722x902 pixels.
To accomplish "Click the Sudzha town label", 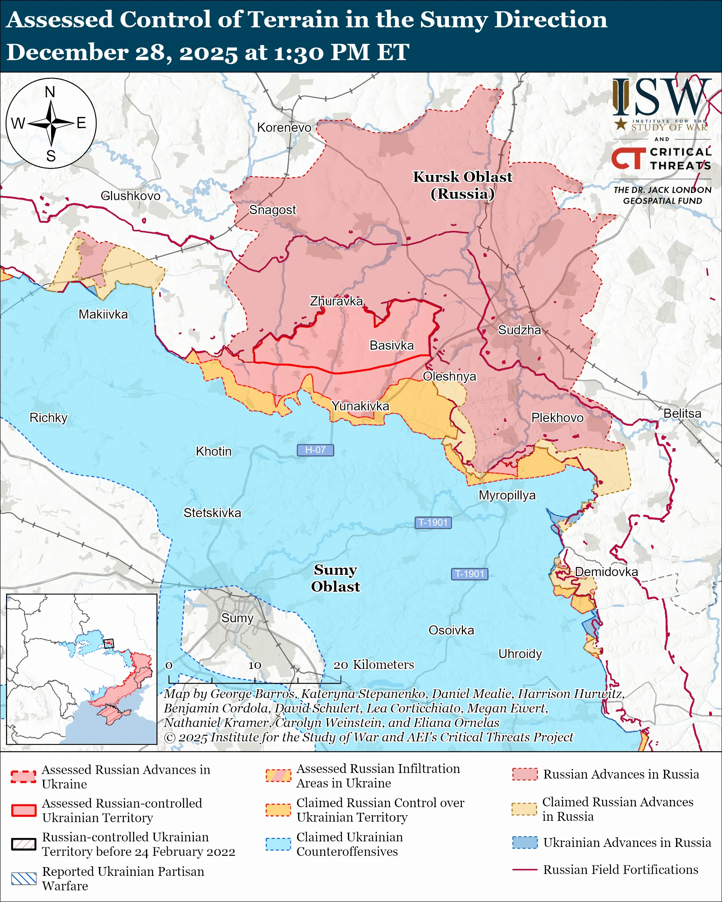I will point(519,330).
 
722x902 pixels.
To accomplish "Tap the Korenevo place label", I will point(284,127).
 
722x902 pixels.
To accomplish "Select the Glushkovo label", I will point(131,196).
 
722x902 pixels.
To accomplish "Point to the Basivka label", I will point(391,346).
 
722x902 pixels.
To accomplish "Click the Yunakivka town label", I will point(360,406).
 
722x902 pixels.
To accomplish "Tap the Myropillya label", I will point(507,495).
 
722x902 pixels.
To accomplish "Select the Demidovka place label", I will point(606,572).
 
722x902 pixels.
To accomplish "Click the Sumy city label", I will point(237,618).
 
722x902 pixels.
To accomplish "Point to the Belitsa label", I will point(682,413).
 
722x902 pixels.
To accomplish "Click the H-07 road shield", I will point(315,450).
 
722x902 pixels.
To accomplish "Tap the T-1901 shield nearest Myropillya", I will point(433,523).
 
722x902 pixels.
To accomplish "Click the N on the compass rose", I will point(50,92).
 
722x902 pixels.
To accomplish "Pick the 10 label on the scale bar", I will point(255,666).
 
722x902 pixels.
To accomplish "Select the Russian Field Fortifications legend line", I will point(525,870).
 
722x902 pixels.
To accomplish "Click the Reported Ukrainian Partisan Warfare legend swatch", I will point(23,879).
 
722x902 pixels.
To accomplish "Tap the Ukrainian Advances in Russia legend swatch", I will point(525,843).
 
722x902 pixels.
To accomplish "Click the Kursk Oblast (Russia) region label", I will point(463,185).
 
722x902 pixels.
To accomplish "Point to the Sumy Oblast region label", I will point(335,578).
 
